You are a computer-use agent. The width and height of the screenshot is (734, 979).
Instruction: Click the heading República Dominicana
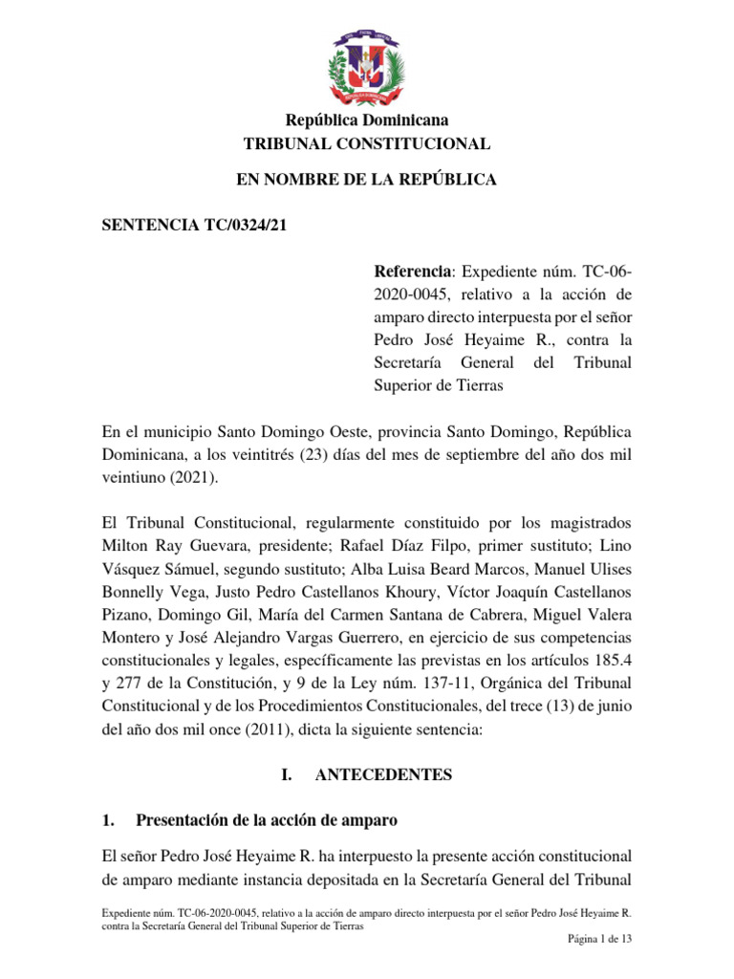point(367,120)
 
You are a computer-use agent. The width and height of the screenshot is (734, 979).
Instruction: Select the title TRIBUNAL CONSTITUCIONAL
point(367,144)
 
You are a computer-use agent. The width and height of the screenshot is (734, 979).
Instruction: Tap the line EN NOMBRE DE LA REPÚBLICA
point(367,180)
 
